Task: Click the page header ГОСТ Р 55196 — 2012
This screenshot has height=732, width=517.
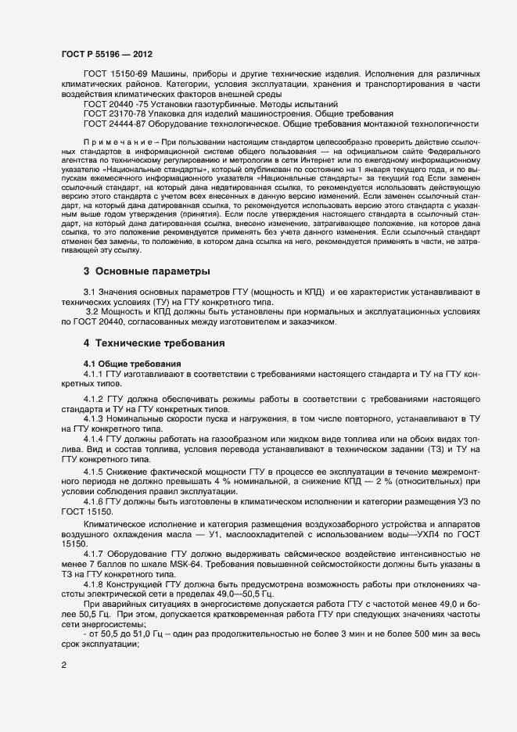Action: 106,54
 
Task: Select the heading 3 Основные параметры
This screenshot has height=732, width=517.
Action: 146,271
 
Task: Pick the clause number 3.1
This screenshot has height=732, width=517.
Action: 91,291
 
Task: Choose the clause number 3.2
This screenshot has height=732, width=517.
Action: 92,311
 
